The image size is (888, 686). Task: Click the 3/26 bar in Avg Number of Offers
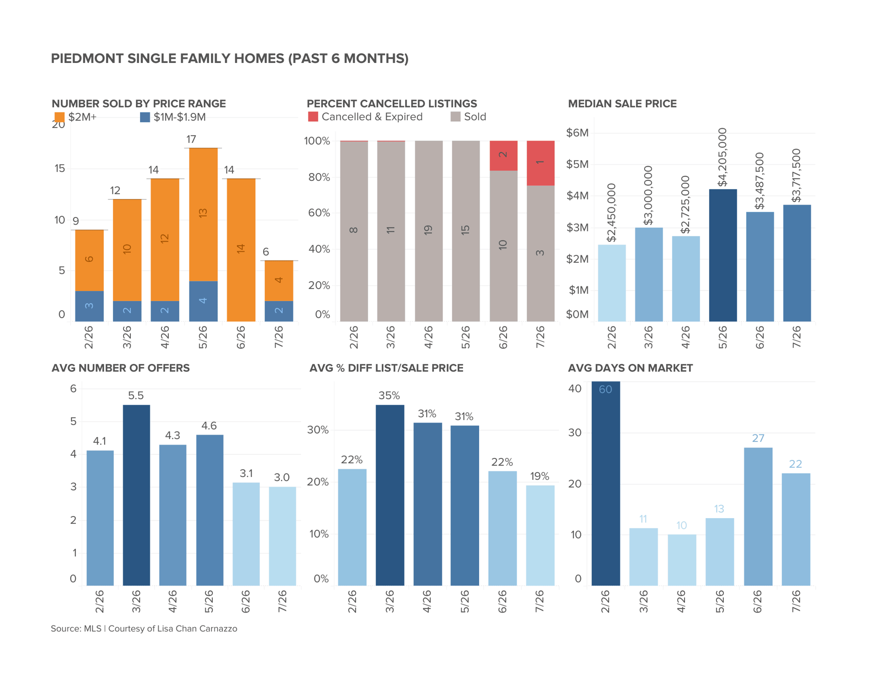(x=136, y=495)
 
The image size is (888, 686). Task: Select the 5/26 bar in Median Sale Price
(x=723, y=255)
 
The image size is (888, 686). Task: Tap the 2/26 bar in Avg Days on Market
(x=606, y=483)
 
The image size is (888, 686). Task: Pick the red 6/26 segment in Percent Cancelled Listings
(x=504, y=155)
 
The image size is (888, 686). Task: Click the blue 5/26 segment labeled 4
(x=203, y=301)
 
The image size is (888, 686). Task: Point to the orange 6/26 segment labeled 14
(x=241, y=250)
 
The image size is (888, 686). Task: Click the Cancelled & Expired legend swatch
(x=313, y=117)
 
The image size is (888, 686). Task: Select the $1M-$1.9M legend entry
(x=173, y=117)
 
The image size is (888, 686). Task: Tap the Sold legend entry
(x=469, y=117)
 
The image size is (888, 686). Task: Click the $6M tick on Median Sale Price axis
(x=577, y=133)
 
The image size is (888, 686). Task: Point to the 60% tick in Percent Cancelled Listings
(x=319, y=213)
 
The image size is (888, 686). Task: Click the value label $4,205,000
(x=722, y=157)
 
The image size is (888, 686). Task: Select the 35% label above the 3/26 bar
(x=389, y=396)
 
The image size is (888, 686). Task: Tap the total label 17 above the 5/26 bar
(x=191, y=139)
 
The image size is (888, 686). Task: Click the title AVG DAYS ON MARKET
(x=630, y=368)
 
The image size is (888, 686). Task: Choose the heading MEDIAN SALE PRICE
(x=623, y=104)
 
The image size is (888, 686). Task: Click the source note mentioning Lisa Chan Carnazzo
(x=144, y=629)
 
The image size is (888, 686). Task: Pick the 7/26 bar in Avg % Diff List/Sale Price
(x=540, y=535)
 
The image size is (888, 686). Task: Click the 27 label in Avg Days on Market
(x=758, y=438)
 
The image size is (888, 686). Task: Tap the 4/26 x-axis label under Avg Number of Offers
(x=173, y=601)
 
